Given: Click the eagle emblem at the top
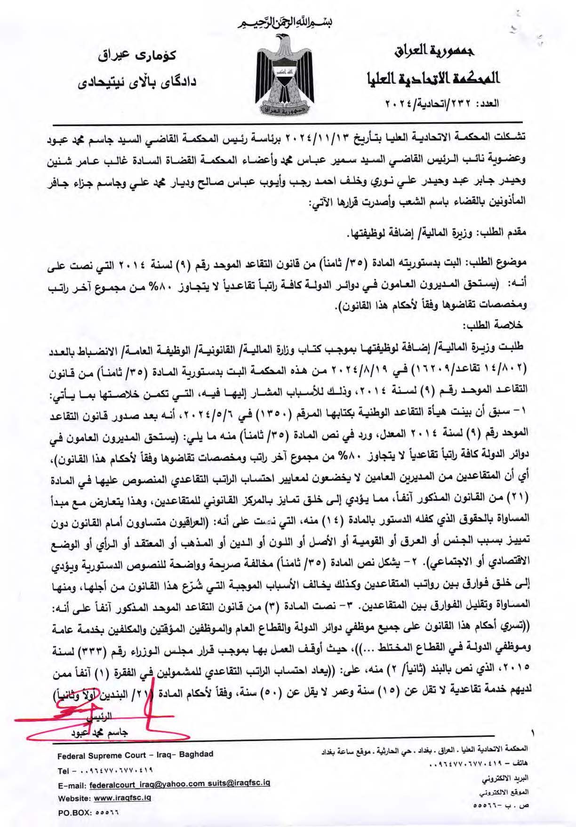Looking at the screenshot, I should (x=288, y=75).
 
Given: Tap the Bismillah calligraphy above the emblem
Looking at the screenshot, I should (x=288, y=22).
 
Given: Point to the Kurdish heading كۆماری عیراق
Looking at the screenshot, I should (x=139, y=56).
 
